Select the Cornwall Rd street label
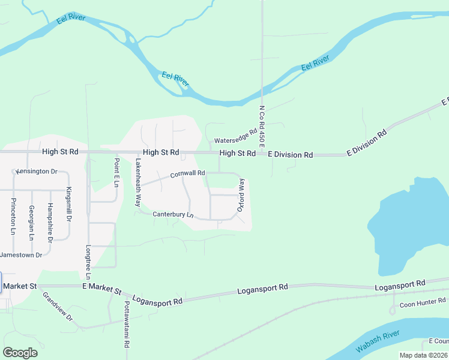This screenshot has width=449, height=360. [x=187, y=174]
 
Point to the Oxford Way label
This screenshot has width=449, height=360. [x=241, y=195]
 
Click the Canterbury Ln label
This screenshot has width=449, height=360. [x=173, y=214]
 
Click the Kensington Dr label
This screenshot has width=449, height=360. [x=36, y=172]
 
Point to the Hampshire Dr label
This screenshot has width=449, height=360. [x=50, y=222]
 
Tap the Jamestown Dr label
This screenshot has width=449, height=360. [x=21, y=255]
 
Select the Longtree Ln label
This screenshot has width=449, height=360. [x=88, y=262]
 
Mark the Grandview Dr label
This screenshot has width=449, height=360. [x=57, y=306]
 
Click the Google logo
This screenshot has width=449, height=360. [x=20, y=353]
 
